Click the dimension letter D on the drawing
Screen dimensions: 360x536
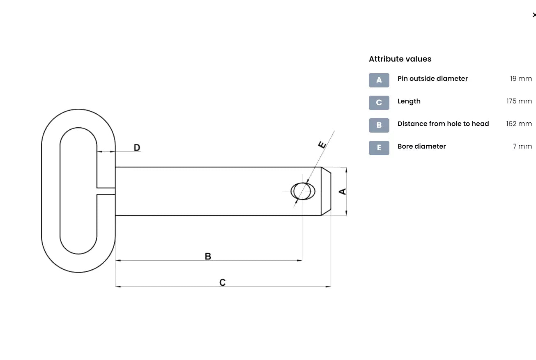tap(137, 148)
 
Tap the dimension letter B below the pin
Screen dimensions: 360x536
tap(208, 256)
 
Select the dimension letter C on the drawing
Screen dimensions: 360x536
tap(222, 282)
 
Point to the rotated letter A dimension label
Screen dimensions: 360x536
tap(342, 191)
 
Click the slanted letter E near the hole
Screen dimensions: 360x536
tap(322, 144)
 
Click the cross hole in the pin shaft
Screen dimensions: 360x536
tap(303, 191)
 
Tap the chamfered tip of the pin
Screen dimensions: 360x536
tap(326, 191)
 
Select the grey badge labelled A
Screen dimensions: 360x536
tap(379, 80)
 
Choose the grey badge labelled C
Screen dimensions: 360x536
tap(379, 103)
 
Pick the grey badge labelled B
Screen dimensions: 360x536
tap(379, 125)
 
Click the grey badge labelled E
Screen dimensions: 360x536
tap(379, 148)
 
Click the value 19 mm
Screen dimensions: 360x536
tap(521, 79)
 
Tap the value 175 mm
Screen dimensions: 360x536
tap(519, 101)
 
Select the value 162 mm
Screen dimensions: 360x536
tap(519, 124)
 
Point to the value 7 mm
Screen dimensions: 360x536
tap(522, 147)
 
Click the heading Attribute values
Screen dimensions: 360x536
tap(400, 59)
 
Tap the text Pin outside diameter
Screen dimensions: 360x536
tap(432, 79)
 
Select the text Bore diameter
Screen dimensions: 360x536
tap(421, 147)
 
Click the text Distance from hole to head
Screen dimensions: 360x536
tap(443, 124)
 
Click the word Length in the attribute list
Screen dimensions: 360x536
tap(409, 101)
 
